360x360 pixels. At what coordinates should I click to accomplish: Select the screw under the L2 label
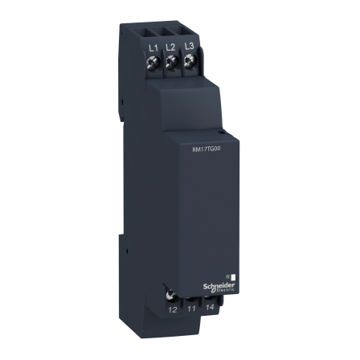(x=171, y=63)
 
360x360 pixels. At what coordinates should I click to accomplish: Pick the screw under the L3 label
(x=189, y=63)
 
